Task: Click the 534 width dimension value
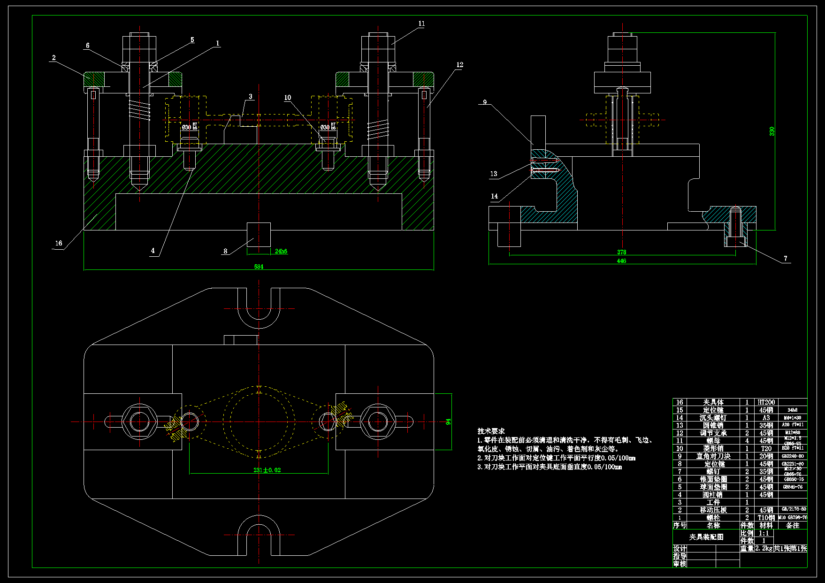coord(259,267)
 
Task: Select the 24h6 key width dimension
coord(281,252)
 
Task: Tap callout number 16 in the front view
coord(59,243)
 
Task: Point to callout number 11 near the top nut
coord(421,23)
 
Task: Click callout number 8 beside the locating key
coord(225,251)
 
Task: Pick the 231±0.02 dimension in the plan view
coord(267,470)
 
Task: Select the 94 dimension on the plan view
coord(448,422)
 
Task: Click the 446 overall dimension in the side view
coord(621,261)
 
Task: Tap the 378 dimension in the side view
coord(621,252)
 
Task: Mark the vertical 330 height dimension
coord(772,131)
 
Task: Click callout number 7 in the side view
coord(786,258)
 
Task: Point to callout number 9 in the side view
coord(485,102)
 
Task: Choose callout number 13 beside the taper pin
coord(494,174)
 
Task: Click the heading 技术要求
coord(491,431)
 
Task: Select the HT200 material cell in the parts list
coord(766,402)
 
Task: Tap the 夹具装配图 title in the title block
coord(706,537)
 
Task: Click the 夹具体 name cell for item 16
coord(713,402)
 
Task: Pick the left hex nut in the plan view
coord(139,421)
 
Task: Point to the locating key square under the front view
coord(259,234)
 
